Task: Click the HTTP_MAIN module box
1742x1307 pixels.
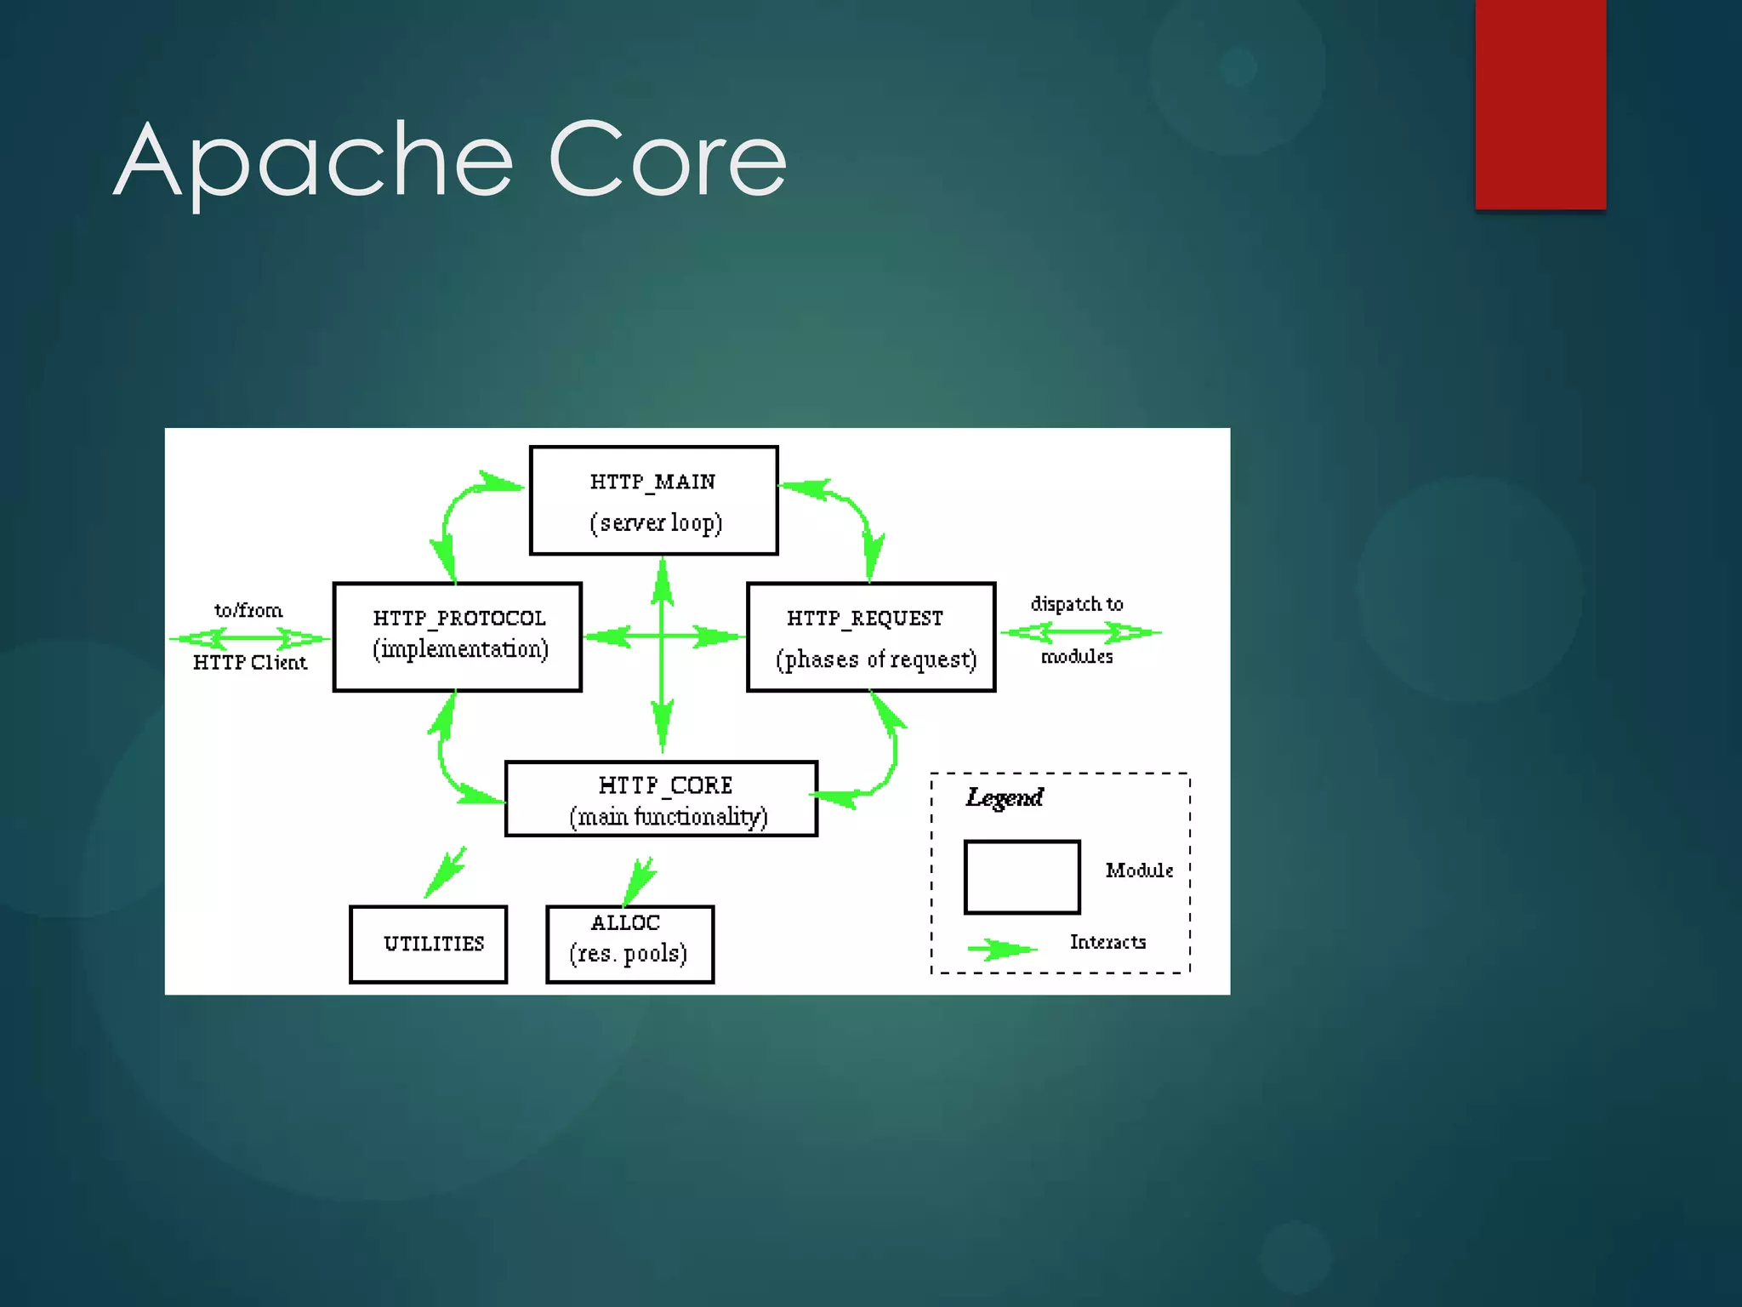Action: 653,500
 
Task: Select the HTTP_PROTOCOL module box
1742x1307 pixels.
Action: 458,636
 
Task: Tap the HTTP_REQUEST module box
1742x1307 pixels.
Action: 871,636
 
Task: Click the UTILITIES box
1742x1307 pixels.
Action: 429,944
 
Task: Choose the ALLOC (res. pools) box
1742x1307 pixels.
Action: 629,944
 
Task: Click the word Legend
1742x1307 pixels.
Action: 1005,797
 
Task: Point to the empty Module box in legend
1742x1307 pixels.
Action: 1022,877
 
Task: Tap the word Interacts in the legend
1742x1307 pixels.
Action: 1107,942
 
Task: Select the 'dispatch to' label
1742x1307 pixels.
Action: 1077,604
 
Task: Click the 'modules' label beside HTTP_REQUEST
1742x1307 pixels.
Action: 1077,656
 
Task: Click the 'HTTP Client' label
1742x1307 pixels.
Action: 249,662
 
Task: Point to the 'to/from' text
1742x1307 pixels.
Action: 248,610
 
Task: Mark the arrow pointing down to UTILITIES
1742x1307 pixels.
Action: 446,871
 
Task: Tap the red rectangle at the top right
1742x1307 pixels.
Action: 1540,102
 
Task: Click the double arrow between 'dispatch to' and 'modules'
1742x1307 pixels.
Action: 1080,632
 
